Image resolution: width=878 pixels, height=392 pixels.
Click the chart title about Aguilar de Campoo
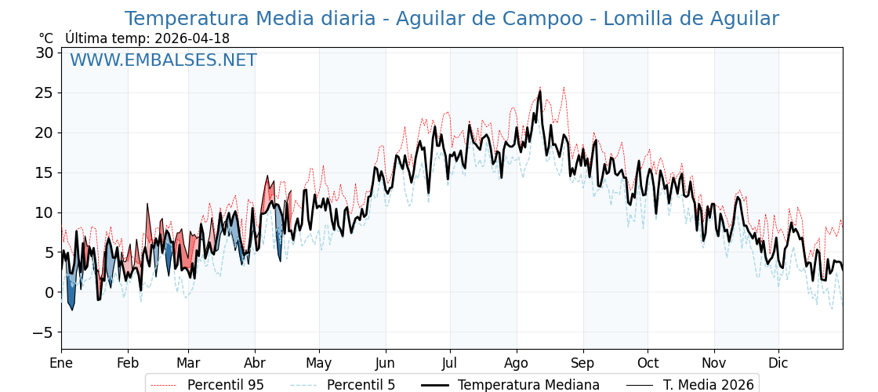[452, 19]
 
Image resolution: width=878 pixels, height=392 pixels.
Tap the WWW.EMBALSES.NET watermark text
[163, 60]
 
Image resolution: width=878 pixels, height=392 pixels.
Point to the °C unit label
[45, 38]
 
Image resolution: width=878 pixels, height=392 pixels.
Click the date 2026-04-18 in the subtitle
[192, 38]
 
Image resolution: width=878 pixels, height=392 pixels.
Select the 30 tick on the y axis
[44, 53]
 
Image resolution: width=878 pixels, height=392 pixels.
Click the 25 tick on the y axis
[44, 93]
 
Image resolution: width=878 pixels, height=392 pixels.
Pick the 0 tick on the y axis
[49, 292]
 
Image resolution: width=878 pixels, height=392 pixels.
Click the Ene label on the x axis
[61, 364]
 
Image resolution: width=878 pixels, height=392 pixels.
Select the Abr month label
[255, 364]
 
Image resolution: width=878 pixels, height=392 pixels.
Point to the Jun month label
[385, 364]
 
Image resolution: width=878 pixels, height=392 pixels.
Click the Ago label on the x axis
[517, 364]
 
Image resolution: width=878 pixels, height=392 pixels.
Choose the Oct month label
[648, 364]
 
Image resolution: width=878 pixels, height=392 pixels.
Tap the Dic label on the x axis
[778, 364]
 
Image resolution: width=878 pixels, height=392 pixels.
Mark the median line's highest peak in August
[539, 92]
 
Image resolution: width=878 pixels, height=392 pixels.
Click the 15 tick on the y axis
[44, 172]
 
